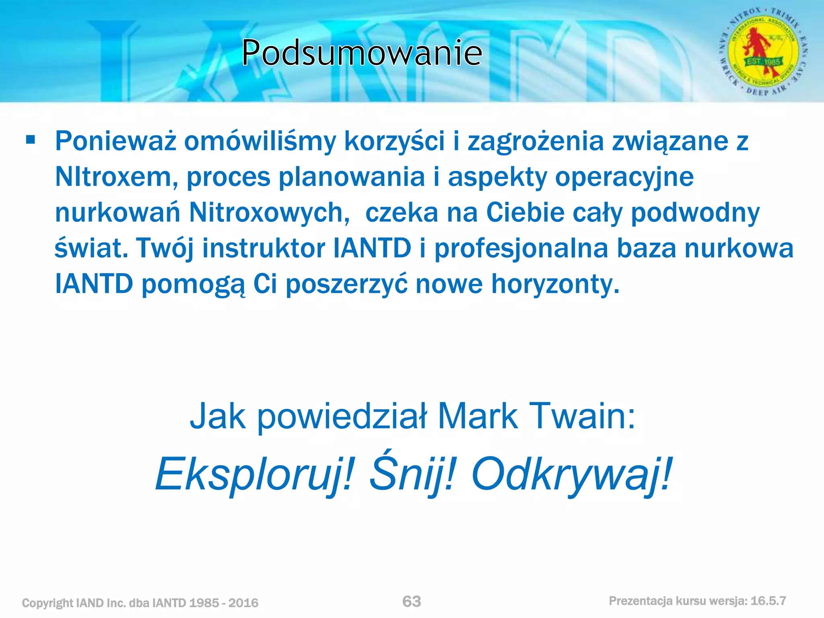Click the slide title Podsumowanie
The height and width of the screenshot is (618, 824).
[362, 53]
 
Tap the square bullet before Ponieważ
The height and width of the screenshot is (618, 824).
[31, 140]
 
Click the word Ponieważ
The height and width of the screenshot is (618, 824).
[116, 142]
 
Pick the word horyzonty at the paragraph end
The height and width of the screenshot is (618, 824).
[555, 284]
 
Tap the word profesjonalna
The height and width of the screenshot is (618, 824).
[521, 248]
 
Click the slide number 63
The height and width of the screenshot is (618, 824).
[412, 602]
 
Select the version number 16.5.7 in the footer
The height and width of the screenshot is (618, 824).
[768, 601]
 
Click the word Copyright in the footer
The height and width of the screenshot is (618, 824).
[47, 603]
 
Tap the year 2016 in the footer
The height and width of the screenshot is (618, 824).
[243, 603]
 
